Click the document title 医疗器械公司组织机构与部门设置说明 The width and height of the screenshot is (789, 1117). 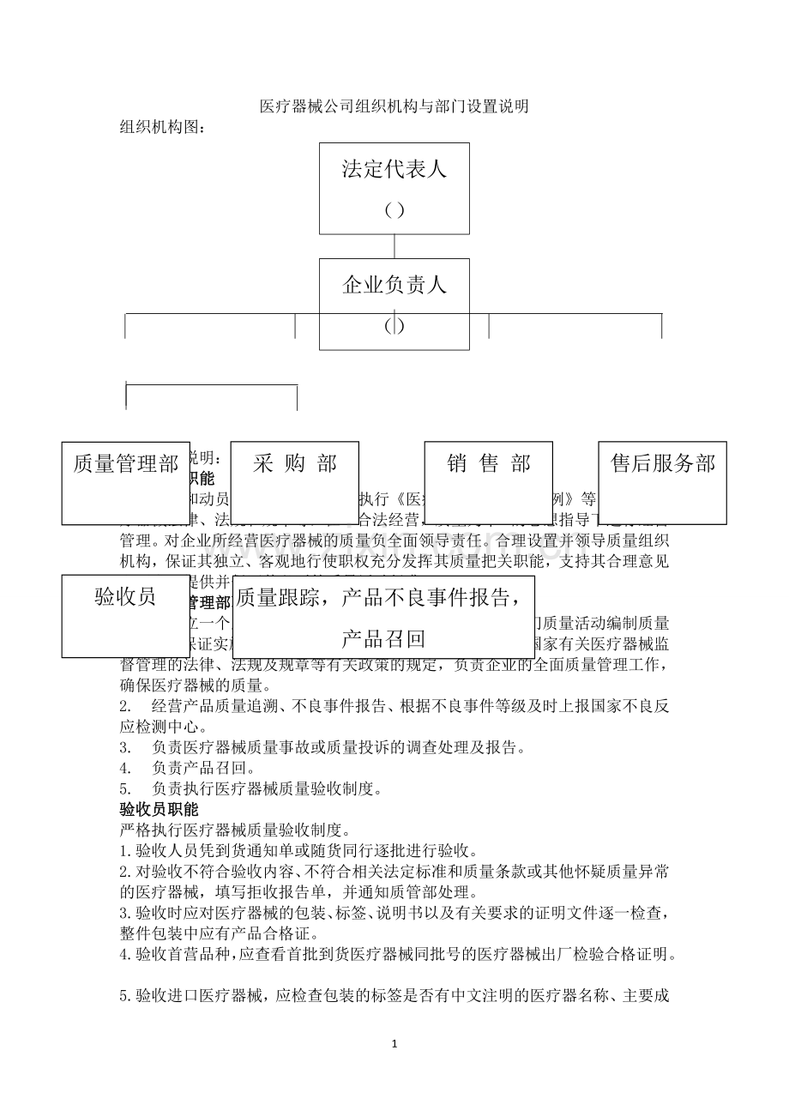click(394, 107)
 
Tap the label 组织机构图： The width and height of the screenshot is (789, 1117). click(162, 127)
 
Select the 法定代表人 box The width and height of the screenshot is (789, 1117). click(394, 188)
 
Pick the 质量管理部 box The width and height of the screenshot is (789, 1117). click(125, 482)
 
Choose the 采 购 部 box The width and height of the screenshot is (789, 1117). click(294, 482)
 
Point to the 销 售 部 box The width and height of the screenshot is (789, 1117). click(488, 482)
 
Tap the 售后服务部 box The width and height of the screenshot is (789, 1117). click(662, 482)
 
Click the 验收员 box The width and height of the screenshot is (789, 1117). click(125, 616)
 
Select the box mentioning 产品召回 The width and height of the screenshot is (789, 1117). click(383, 618)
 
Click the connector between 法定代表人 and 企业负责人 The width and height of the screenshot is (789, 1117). click(394, 246)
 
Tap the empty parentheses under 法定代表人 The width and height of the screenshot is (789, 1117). click(394, 210)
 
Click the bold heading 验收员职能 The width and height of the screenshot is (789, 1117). click(159, 809)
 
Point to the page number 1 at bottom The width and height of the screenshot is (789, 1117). click(394, 1044)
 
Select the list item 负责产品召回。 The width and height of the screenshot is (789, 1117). click(202, 767)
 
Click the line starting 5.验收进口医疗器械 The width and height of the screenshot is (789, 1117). click(394, 996)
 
